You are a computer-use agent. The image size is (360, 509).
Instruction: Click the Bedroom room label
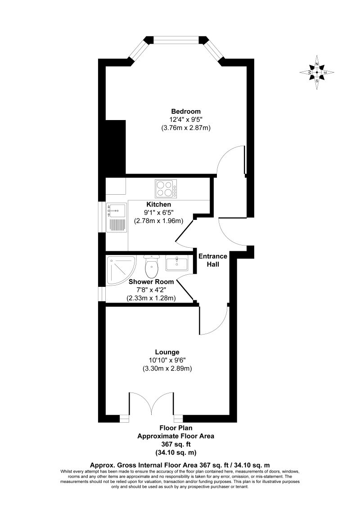pos(185,112)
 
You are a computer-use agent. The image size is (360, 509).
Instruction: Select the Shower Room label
pos(151,282)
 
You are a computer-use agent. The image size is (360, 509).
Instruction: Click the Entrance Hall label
pos(213,260)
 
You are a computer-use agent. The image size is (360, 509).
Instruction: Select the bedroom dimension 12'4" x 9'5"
pos(185,120)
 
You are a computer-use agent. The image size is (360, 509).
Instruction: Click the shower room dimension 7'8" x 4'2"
pos(151,290)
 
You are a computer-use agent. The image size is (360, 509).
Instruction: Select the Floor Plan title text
pos(175,428)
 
